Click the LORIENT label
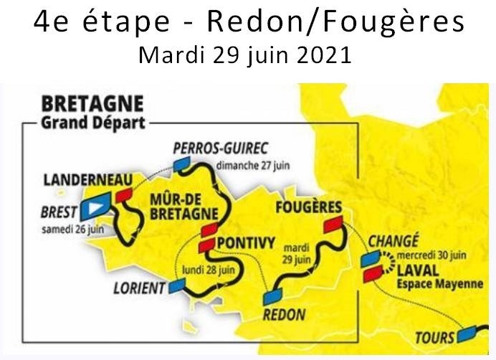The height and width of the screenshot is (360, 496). click(139, 289)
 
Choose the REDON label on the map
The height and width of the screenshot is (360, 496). click(284, 314)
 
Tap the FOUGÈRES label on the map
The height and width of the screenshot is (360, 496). click(308, 208)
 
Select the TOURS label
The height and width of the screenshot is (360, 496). click(435, 337)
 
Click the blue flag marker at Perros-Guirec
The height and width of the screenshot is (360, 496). click(184, 164)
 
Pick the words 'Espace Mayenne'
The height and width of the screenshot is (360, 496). click(429, 284)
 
